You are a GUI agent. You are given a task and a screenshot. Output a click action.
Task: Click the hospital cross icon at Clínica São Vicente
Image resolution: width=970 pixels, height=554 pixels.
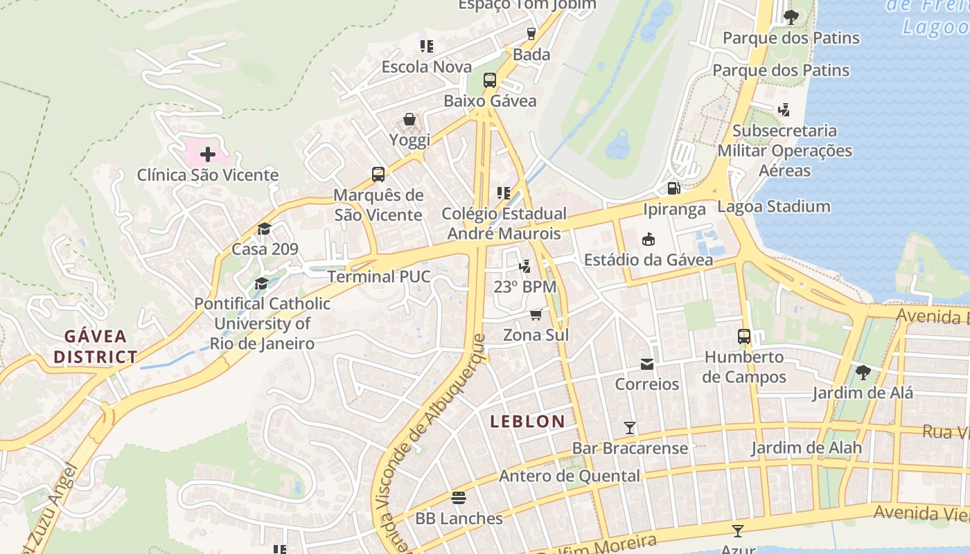(x=207, y=154)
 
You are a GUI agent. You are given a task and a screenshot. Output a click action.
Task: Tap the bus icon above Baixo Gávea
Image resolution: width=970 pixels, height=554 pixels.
(x=490, y=80)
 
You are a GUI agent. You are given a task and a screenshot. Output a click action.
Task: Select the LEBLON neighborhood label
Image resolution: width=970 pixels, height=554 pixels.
(x=527, y=421)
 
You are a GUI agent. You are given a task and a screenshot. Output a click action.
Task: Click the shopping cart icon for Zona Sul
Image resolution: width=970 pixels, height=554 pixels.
(x=536, y=315)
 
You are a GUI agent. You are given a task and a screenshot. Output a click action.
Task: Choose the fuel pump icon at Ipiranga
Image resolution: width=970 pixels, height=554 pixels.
(x=673, y=188)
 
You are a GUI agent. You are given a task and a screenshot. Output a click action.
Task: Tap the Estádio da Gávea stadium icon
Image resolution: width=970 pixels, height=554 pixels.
(x=648, y=240)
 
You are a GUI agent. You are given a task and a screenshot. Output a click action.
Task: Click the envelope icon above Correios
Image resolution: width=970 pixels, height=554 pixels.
(x=646, y=364)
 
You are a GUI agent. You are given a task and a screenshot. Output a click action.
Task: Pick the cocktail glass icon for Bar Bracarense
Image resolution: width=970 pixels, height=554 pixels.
(x=629, y=428)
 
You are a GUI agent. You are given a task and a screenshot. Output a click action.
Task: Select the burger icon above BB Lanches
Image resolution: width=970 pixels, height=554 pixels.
(x=458, y=498)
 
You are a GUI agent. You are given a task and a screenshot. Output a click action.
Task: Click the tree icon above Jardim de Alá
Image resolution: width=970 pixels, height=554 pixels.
(x=863, y=373)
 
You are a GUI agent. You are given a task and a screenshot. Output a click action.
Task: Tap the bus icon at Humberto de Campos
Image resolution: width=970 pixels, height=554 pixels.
(x=744, y=337)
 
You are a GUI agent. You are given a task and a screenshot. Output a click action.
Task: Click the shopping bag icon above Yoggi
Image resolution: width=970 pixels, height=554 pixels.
(x=409, y=120)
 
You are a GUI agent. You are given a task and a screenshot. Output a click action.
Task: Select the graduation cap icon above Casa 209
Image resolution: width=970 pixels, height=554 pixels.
(x=264, y=229)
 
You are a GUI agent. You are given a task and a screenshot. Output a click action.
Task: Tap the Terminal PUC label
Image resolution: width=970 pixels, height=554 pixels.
(x=378, y=277)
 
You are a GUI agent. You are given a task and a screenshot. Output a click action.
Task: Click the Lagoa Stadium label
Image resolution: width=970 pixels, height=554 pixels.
(x=773, y=206)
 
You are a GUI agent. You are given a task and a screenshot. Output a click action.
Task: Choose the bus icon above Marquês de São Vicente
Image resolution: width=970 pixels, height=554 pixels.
(x=378, y=175)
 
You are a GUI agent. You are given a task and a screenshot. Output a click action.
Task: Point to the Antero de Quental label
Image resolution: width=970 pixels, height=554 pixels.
(x=570, y=476)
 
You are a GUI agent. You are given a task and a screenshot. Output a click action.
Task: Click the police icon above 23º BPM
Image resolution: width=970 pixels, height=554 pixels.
(x=525, y=266)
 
